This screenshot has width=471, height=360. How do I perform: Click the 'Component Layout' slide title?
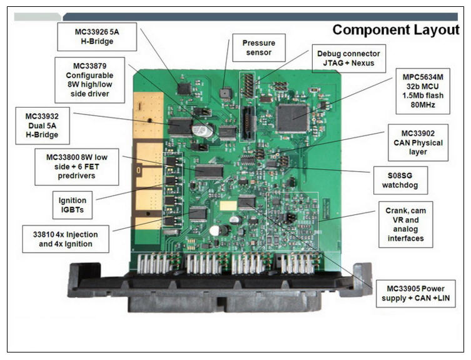click(395, 30)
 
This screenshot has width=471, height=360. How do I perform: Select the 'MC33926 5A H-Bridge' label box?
click(97, 37)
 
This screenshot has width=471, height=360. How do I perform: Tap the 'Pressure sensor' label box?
click(258, 47)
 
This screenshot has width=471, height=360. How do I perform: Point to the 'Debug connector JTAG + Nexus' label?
click(349, 59)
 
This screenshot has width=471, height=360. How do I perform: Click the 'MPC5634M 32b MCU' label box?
click(423, 91)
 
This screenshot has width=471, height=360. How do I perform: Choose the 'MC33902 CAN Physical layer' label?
click(418, 142)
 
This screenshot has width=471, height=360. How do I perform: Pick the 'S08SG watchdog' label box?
click(400, 180)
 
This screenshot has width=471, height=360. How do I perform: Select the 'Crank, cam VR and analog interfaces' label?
click(405, 224)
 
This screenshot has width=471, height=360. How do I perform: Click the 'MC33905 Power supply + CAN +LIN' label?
click(416, 293)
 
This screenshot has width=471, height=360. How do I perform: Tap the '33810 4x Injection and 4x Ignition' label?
click(66, 239)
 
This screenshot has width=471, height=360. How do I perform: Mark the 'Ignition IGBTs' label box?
click(73, 205)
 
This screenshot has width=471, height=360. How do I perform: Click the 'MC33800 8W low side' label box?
click(76, 167)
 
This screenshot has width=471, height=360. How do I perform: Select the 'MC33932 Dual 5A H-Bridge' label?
click(43, 126)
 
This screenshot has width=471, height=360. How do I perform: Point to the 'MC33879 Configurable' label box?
click(89, 80)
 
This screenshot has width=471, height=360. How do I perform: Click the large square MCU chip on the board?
click(293, 119)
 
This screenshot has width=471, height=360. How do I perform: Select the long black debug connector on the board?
click(247, 123)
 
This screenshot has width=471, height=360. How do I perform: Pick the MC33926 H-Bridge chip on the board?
click(184, 89)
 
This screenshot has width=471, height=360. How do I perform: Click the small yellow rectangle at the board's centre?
click(228, 206)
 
